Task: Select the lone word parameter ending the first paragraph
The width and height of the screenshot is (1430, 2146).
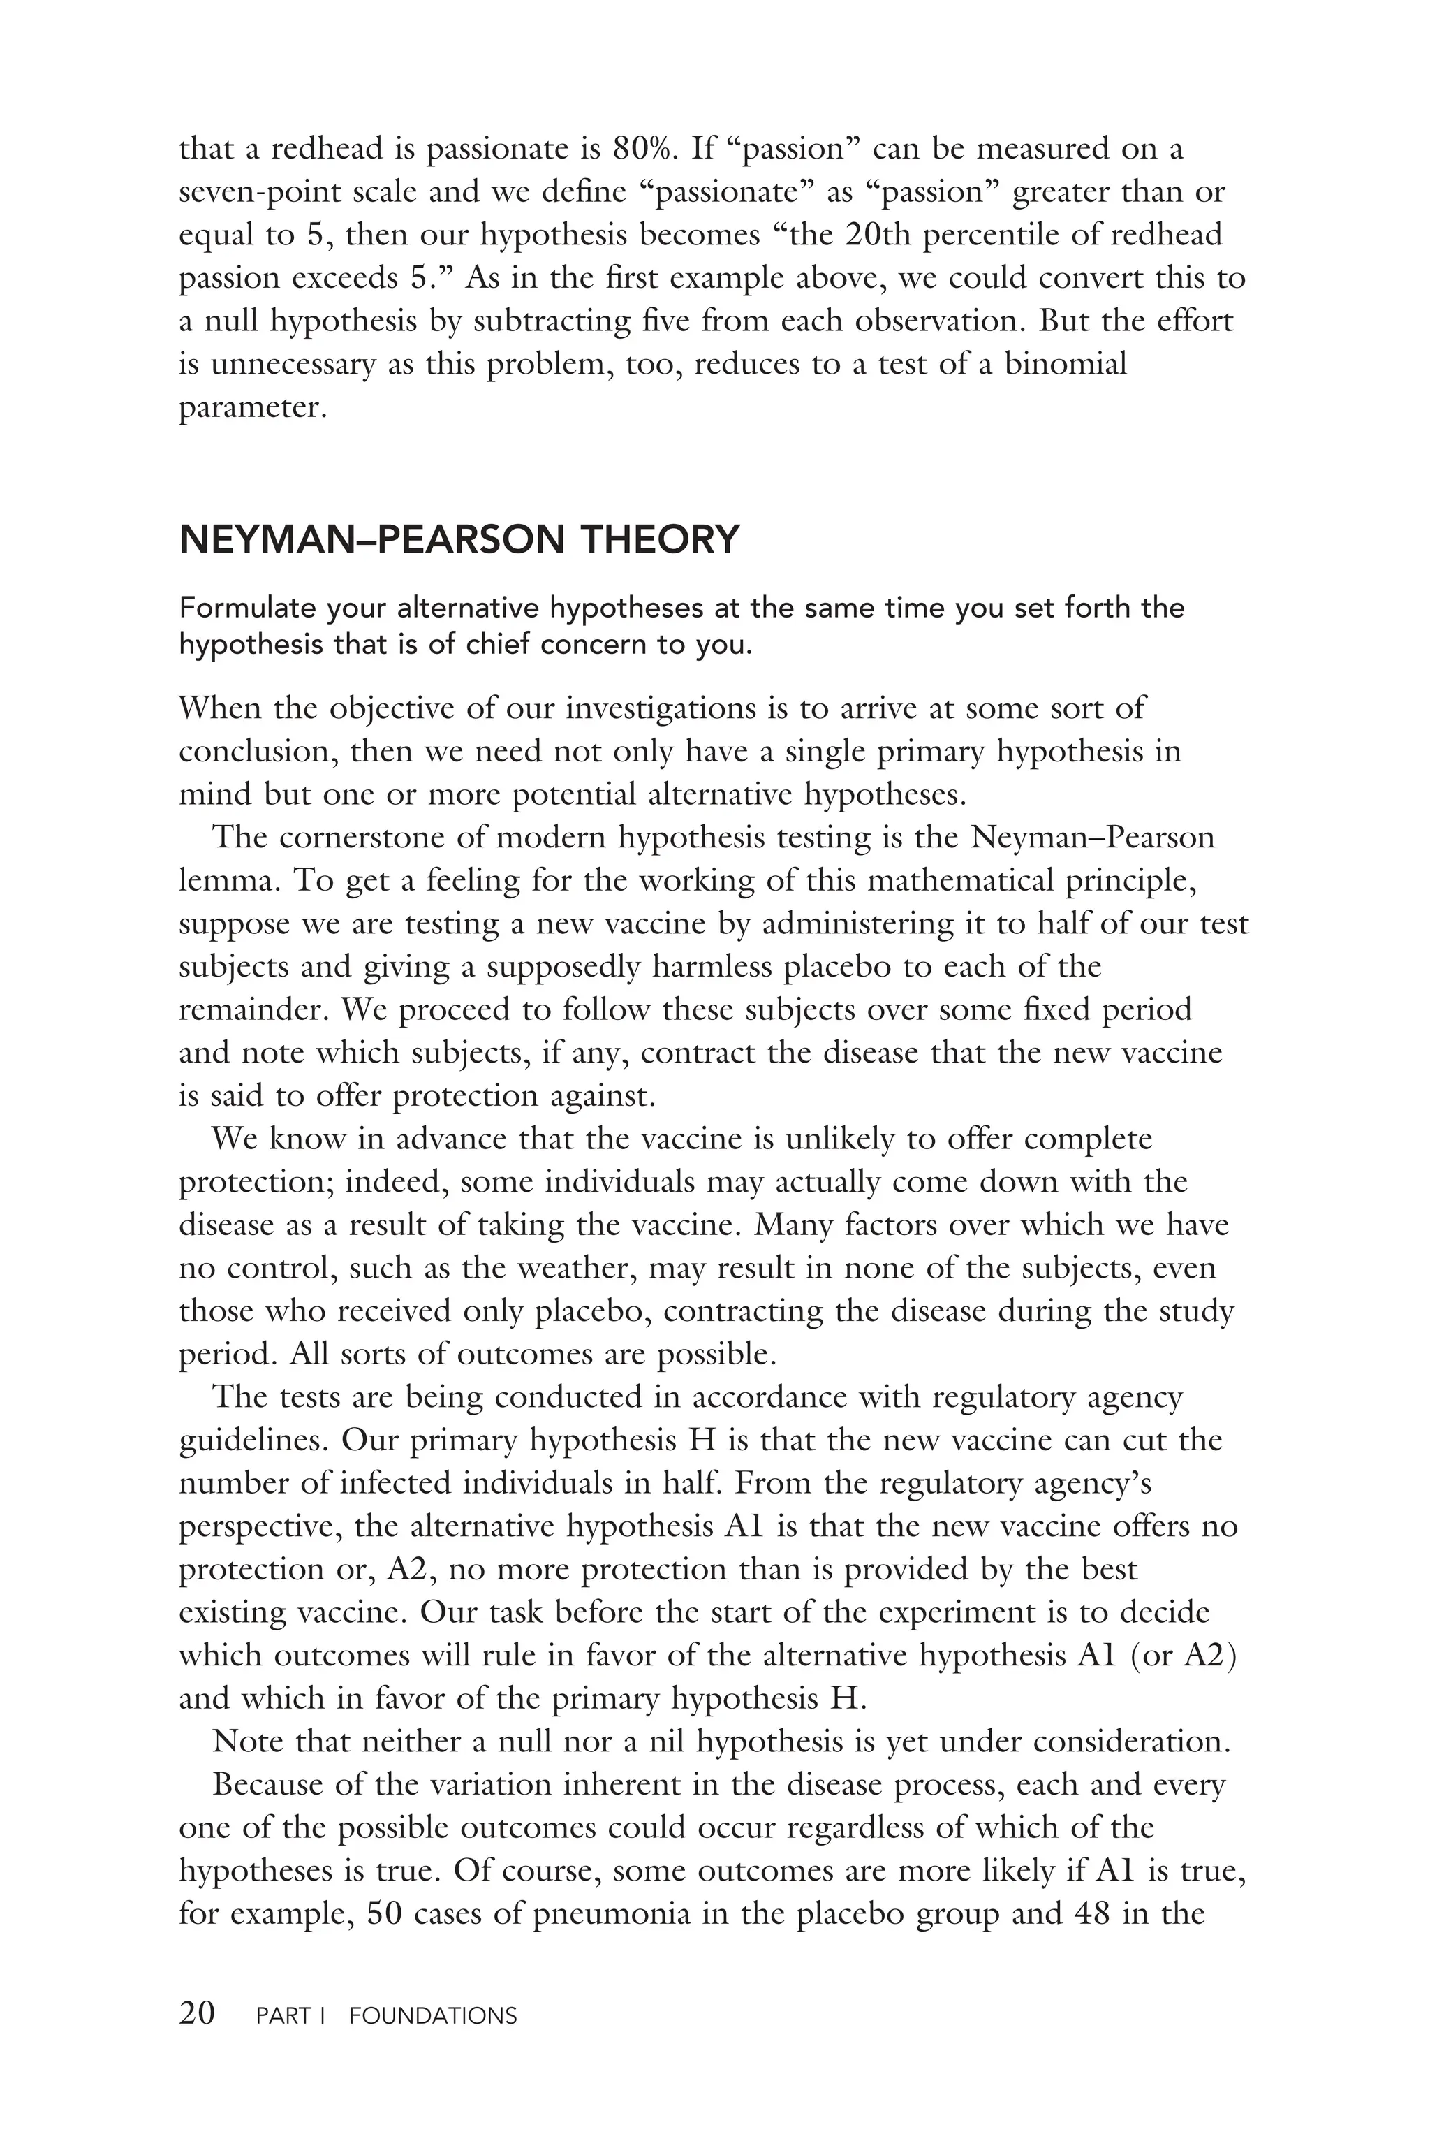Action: click(x=251, y=408)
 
